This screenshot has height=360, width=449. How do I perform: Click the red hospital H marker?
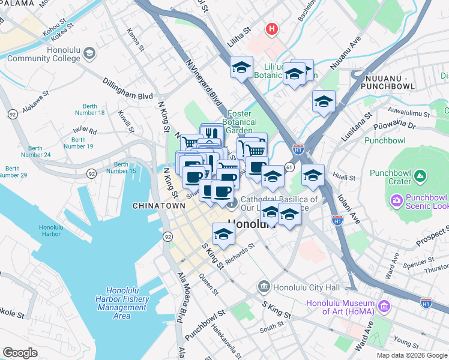click(272, 28)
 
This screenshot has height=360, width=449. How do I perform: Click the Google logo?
click(20, 352)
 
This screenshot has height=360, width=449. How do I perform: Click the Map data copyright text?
click(411, 355)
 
